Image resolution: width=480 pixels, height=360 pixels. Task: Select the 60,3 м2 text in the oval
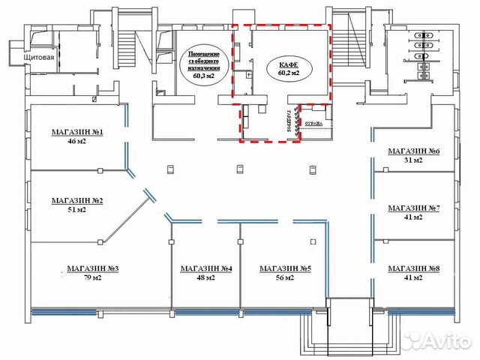pyautogui.click(x=202, y=76)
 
